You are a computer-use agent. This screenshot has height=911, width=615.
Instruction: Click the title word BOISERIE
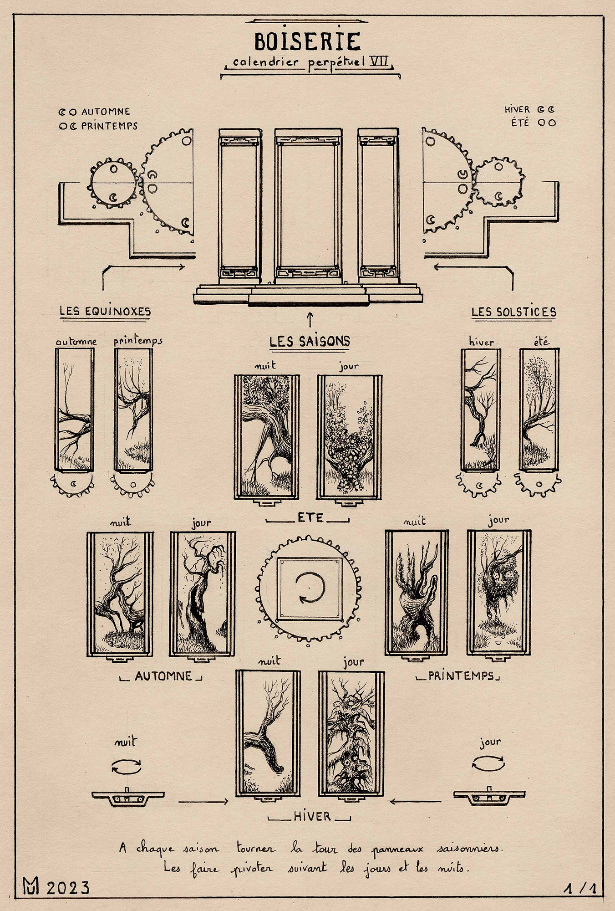(307, 41)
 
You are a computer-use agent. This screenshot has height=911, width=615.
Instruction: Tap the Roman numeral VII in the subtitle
(378, 61)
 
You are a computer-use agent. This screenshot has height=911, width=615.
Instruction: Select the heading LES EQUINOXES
(105, 312)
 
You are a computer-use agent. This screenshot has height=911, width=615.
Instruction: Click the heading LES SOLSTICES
(513, 312)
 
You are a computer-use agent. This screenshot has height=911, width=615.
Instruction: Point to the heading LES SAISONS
(310, 341)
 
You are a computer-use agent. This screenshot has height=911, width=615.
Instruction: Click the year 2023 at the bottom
(68, 888)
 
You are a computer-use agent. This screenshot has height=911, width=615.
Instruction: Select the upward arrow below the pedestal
(310, 319)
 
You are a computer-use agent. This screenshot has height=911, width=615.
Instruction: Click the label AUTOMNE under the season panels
(163, 676)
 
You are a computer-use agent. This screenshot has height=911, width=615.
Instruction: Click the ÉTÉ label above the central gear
(310, 517)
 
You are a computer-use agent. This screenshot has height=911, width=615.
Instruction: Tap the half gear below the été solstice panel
(539, 484)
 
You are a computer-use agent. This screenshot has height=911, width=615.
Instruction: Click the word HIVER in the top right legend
(517, 109)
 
